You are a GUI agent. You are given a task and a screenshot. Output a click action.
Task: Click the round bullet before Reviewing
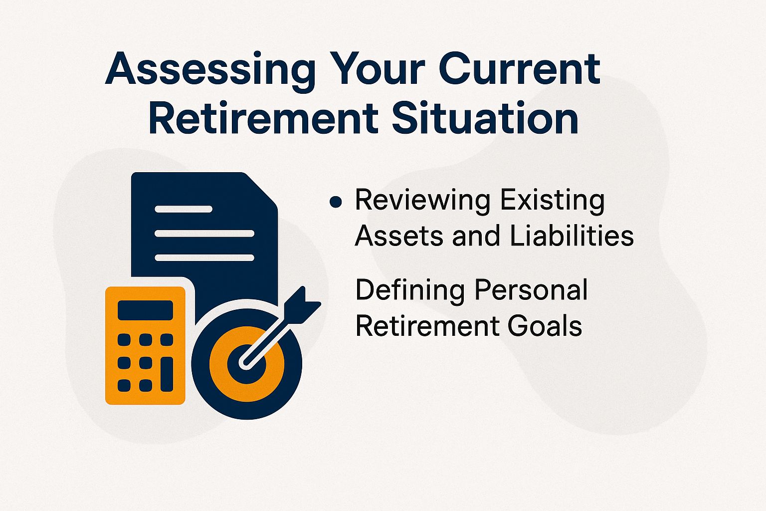coord(336,202)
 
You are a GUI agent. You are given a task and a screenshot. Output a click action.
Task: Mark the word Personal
coord(531,290)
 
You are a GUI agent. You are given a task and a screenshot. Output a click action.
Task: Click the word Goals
coord(545,326)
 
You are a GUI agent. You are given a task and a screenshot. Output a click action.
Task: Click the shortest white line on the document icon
coord(184,209)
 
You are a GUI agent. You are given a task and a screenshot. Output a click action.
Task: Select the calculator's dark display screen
coord(145,310)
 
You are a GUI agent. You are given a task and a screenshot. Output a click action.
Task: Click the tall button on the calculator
coord(167,374)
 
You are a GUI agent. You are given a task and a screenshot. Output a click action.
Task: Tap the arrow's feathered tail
coord(303,302)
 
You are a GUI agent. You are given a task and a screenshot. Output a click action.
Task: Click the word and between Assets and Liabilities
coord(476,236)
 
